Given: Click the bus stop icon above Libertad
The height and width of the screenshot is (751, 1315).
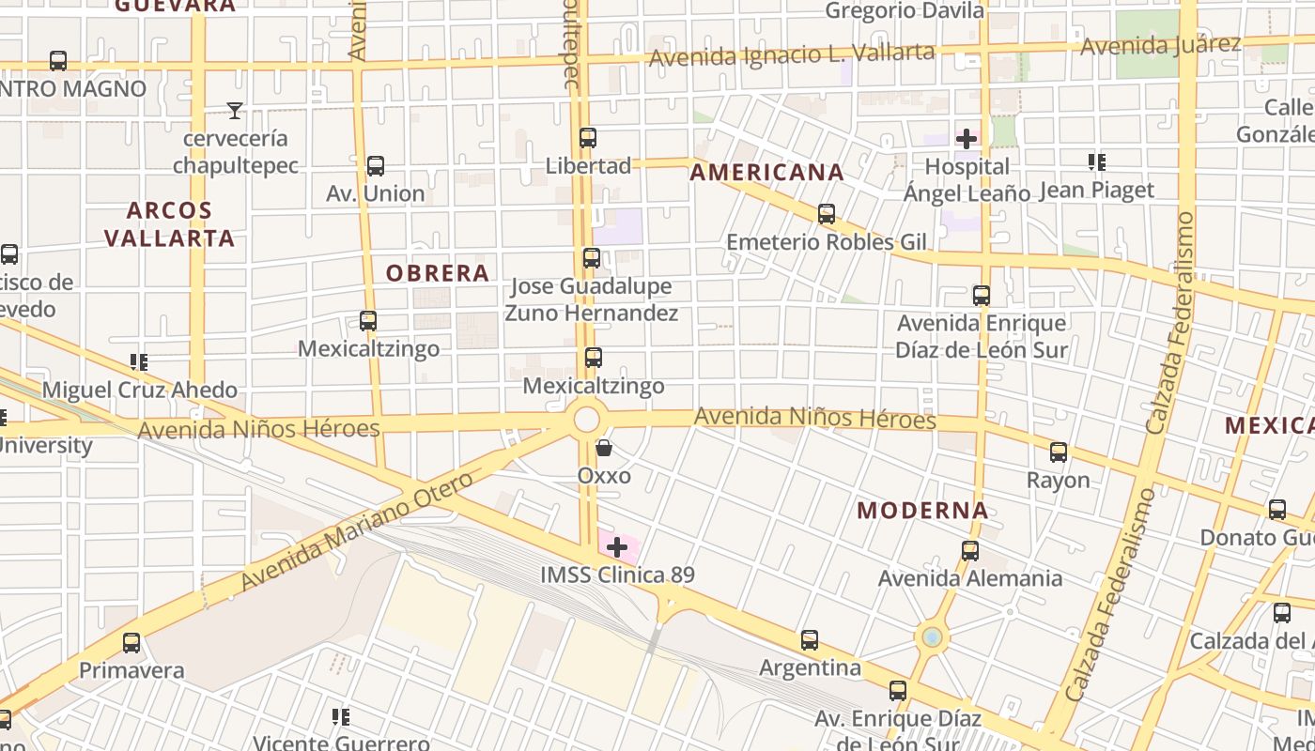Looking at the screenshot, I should coord(588,138).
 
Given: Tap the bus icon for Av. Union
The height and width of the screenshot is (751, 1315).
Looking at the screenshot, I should coord(376,166).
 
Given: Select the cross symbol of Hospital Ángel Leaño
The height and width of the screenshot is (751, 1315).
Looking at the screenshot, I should coord(966,139).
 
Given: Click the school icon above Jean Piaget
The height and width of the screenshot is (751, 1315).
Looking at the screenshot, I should coord(1096,162).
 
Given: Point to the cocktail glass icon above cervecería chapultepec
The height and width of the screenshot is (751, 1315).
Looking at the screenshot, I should coord(235,111).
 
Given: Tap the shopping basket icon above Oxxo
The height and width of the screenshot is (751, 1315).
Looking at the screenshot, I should coord(603,448).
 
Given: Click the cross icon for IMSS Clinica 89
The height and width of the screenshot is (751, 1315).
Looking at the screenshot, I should coord(617,546).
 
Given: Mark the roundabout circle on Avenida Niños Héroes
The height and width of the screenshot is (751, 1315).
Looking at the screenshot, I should coord(587,419).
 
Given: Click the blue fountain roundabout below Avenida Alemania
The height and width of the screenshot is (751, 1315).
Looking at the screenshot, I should coord(932,637).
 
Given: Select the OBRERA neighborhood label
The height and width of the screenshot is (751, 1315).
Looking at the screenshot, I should coord(438,273).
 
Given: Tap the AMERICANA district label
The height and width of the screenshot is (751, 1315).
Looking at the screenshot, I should coord(766,173).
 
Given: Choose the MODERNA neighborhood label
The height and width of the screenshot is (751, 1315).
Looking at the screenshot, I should coord(922,511).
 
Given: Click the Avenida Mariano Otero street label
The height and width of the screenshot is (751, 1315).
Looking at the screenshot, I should coord(358,532).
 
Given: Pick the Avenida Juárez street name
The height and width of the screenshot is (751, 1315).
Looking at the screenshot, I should coord(1160,44).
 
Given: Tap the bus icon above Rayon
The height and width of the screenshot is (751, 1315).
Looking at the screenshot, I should coord(1059,452).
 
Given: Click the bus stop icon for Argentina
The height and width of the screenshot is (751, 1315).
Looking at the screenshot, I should coord(810,640).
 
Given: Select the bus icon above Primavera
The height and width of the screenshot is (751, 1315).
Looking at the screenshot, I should coord(131,643).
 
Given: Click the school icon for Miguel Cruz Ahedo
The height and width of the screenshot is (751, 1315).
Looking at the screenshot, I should coord(139,361).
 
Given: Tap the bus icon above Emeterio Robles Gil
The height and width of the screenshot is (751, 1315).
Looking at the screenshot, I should coord(827,214).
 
